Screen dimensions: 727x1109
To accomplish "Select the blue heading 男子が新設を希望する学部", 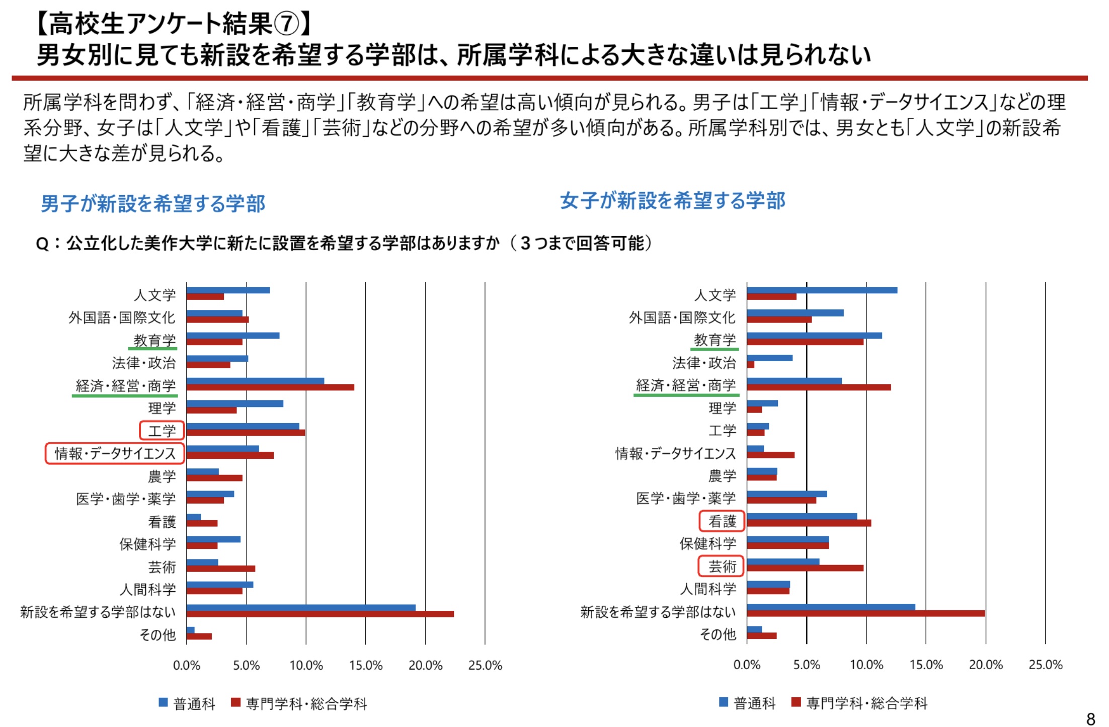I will coord(152,204).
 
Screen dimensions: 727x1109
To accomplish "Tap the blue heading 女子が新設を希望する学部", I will coord(672,201).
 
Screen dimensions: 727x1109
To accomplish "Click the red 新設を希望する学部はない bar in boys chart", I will coord(320,614).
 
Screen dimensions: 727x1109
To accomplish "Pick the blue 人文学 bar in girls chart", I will coord(822,290).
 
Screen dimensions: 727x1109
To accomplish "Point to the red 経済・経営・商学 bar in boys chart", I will coord(270,387).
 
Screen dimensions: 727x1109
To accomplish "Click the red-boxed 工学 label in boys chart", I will coord(162,431).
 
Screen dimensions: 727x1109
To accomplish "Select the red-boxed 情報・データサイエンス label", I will coord(115,453).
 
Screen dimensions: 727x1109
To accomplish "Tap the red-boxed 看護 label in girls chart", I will coord(722,521).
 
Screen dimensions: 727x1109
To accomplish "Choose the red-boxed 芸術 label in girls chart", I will coord(722,567).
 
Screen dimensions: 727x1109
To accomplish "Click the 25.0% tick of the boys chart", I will coord(485,666).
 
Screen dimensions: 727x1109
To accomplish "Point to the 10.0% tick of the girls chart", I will coord(866,665).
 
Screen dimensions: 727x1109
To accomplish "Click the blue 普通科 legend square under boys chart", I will coord(163,702).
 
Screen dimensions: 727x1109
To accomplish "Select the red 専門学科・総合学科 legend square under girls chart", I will coord(796,702).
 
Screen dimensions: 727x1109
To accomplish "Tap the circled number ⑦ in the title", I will coord(287,24).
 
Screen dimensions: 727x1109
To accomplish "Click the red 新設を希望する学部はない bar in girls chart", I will coord(865,614).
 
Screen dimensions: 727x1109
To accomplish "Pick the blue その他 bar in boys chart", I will coord(190,630).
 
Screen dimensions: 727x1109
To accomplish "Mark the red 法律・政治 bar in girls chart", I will coord(750,365).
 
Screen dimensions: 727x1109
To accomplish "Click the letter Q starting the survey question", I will coord(42,244).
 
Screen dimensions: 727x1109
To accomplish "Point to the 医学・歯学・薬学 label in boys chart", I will coord(126,499).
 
